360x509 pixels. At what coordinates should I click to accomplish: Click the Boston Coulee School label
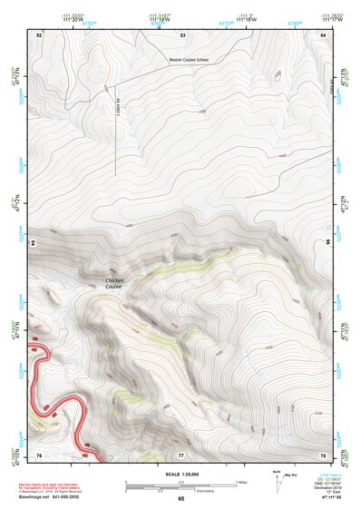pyautogui.click(x=190, y=61)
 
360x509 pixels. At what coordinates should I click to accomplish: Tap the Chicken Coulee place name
pyautogui.click(x=115, y=284)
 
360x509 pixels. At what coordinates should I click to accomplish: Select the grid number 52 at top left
pyautogui.click(x=39, y=34)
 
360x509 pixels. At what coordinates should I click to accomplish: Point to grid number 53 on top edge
pyautogui.click(x=182, y=34)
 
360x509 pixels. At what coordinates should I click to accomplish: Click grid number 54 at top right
pyautogui.click(x=324, y=34)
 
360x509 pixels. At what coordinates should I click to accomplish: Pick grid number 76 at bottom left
pyautogui.click(x=39, y=455)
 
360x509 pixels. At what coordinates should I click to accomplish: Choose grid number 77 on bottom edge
pyautogui.click(x=181, y=455)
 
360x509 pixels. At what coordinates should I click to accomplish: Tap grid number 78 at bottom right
pyautogui.click(x=324, y=455)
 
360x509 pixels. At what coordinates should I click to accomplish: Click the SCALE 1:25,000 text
pyautogui.click(x=181, y=475)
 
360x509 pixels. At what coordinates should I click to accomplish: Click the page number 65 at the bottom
pyautogui.click(x=181, y=500)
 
